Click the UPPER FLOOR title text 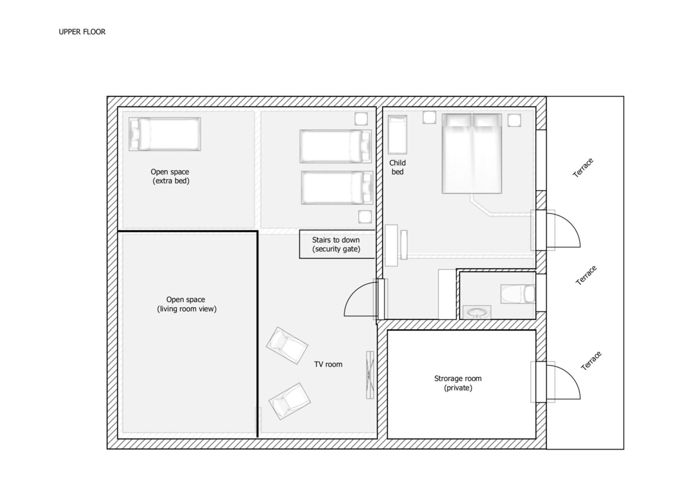[82, 32]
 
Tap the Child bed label [398, 167]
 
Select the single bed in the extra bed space [165, 134]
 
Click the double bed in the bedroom [472, 154]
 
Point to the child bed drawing [398, 135]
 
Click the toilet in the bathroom [518, 294]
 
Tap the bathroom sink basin [477, 313]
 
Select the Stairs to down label [336, 244]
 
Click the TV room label [328, 364]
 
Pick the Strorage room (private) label [458, 383]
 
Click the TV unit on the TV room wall [370, 375]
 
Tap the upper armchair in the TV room [287, 346]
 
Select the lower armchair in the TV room [289, 401]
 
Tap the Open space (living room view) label [187, 304]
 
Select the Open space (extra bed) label [170, 176]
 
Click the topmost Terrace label [583, 168]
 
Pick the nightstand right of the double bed [514, 120]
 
